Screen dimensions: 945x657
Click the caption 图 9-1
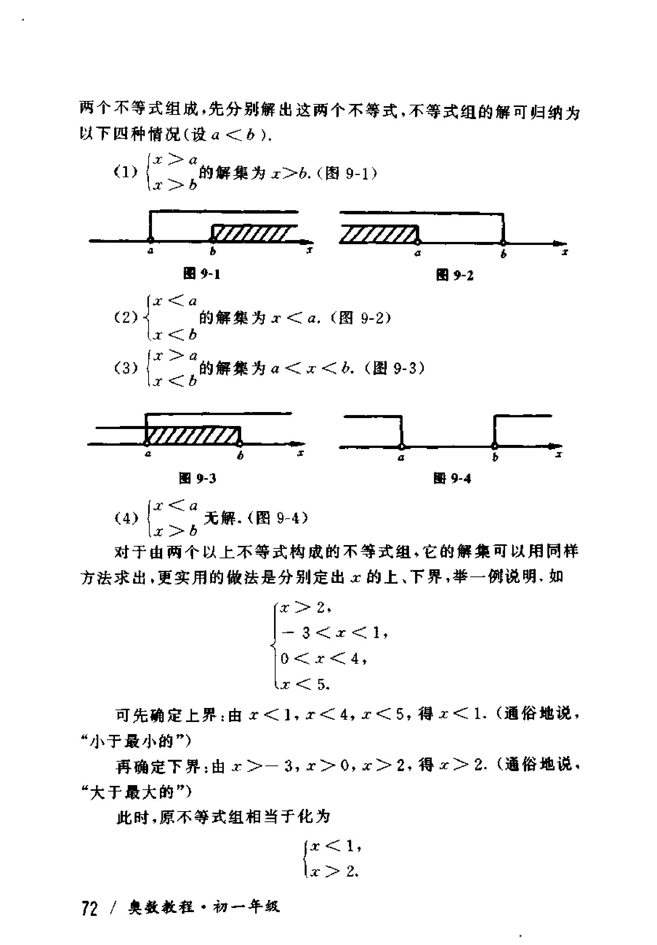pyautogui.click(x=202, y=274)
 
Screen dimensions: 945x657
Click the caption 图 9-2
pyautogui.click(x=454, y=275)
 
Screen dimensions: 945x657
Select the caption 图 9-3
pyautogui.click(x=198, y=478)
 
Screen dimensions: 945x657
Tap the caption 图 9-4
pyautogui.click(x=452, y=478)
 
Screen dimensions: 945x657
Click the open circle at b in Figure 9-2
pyautogui.click(x=503, y=242)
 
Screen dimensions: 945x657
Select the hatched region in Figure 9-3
pyautogui.click(x=193, y=435)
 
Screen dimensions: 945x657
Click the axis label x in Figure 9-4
pyautogui.click(x=559, y=455)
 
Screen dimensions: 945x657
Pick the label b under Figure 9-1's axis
pyautogui.click(x=213, y=251)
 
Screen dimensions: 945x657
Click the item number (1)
pyautogui.click(x=126, y=172)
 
